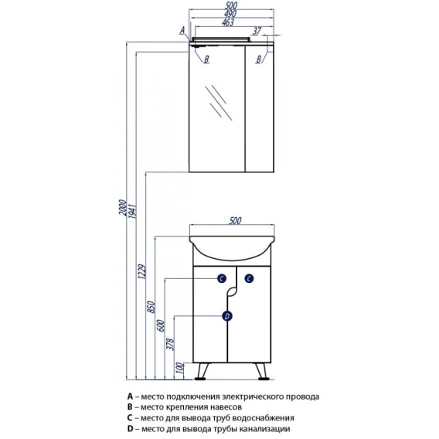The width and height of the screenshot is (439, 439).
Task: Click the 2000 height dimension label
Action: [123, 207]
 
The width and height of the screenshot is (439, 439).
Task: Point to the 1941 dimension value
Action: [132, 211]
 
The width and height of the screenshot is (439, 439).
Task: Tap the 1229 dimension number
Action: [142, 271]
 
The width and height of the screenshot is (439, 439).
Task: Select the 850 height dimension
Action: [151, 307]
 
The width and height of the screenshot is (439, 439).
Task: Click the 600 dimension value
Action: [161, 325]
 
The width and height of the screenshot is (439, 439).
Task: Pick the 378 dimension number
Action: [170, 344]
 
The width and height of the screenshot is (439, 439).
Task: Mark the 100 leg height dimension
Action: [181, 368]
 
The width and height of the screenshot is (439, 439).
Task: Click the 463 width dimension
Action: [228, 22]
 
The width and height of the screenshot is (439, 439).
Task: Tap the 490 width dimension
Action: [230, 13]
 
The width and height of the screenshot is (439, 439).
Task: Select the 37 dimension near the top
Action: [257, 31]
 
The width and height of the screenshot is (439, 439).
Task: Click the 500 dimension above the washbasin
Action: [235, 220]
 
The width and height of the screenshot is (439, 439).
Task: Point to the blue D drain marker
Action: [227, 316]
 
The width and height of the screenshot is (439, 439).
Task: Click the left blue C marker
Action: [222, 278]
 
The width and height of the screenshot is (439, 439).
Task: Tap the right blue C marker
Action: [249, 278]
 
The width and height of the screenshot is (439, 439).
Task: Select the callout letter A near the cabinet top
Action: [182, 30]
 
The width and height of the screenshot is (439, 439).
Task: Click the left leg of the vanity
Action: [202, 371]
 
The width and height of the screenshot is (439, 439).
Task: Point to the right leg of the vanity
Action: [262, 371]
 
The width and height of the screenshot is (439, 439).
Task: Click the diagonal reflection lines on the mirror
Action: [219, 103]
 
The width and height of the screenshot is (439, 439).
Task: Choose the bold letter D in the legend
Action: [130, 428]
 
